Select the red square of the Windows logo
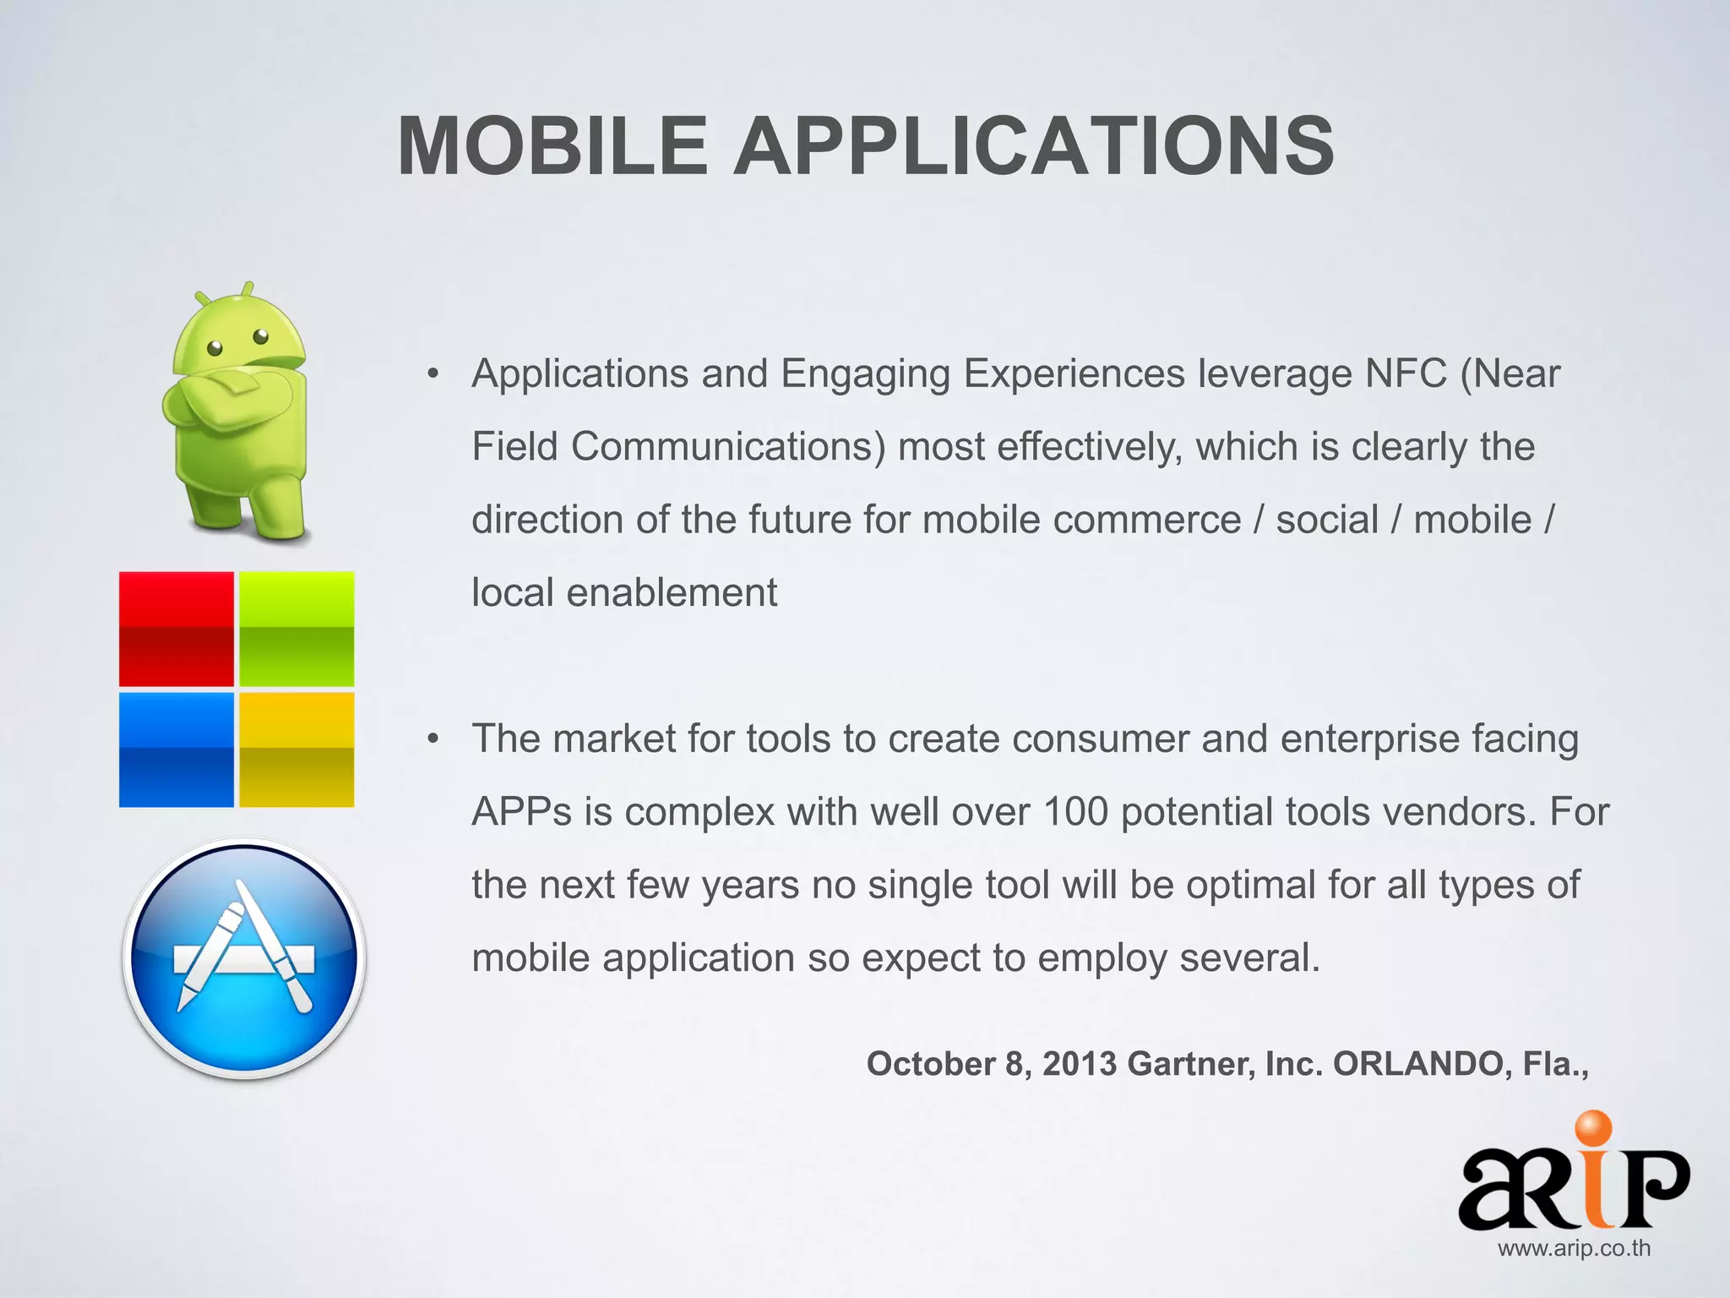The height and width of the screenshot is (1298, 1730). pos(176,629)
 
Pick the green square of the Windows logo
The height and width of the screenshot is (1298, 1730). pos(296,629)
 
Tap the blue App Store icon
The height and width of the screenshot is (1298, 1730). pos(245,958)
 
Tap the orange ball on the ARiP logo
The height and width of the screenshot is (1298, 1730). pos(1591,1131)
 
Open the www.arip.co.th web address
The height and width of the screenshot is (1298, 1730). pos(1574,1249)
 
